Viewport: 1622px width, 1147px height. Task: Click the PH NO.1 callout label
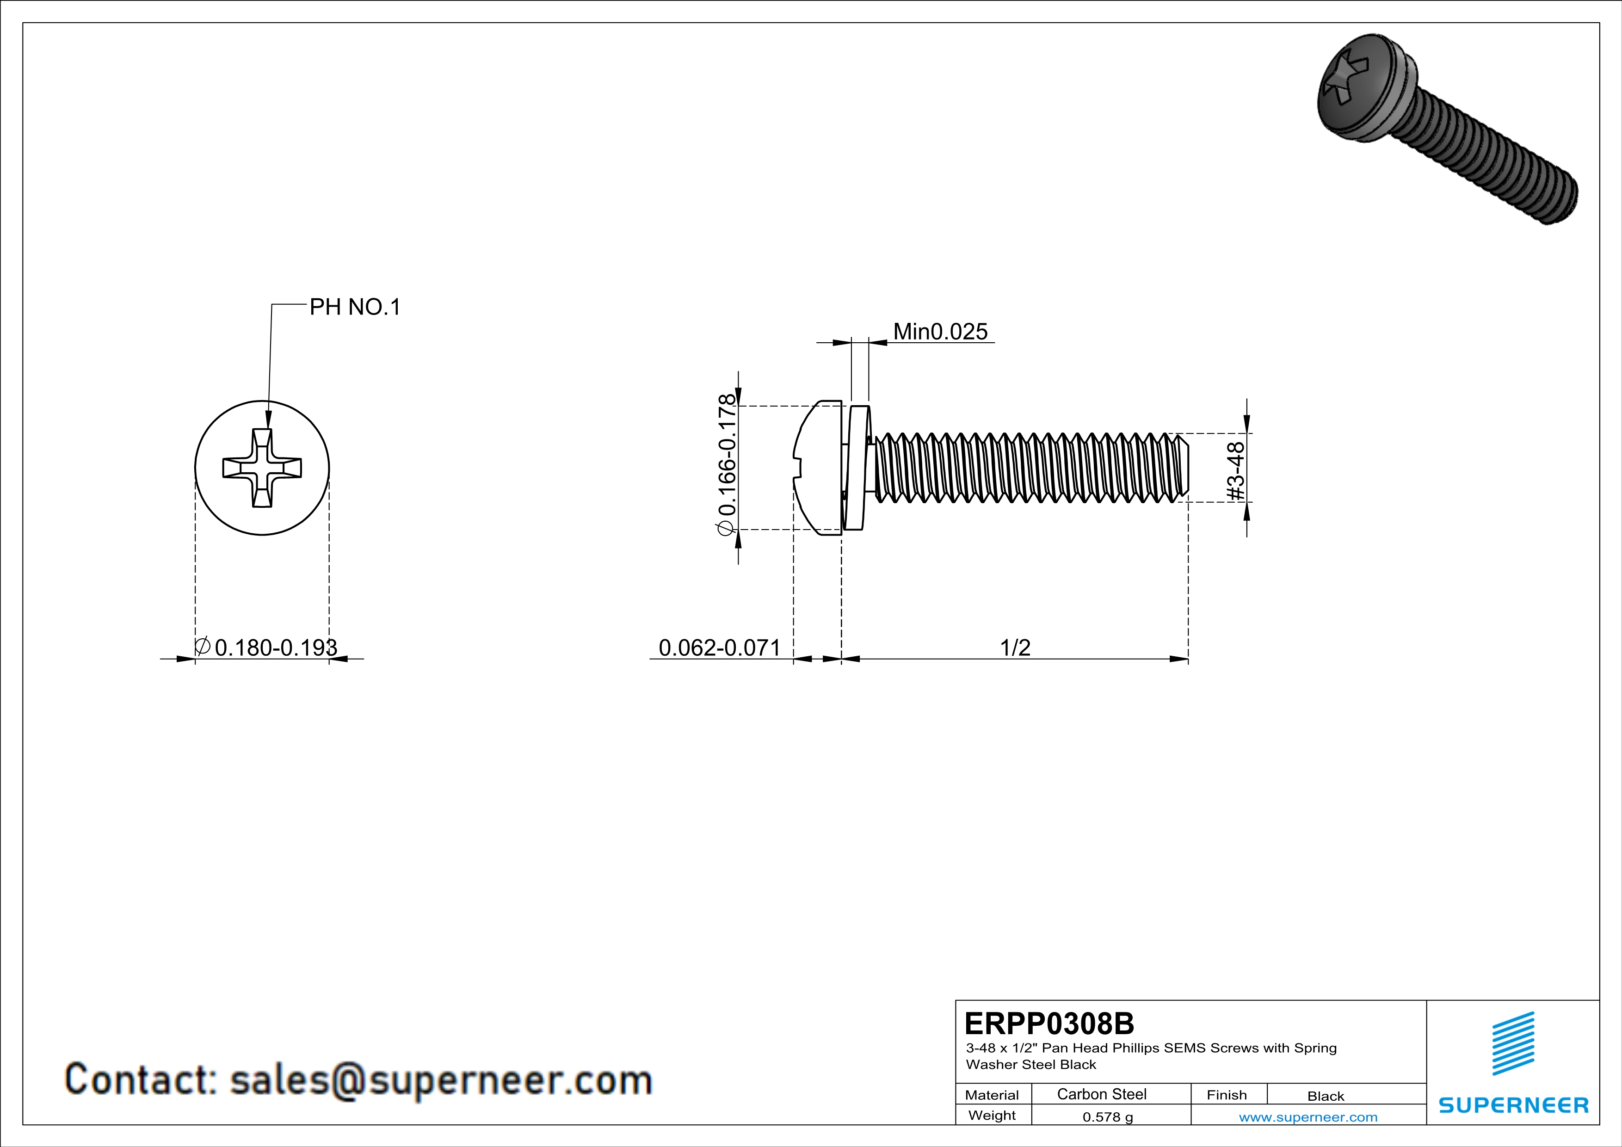coord(355,307)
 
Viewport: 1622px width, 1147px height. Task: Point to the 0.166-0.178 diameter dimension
coord(726,465)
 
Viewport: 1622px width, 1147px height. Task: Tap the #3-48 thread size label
coord(1235,471)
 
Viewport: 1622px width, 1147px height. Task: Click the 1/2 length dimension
coord(1015,647)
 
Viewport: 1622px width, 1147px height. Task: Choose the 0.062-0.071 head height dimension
coord(719,647)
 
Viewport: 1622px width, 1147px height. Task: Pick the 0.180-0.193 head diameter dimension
coord(266,647)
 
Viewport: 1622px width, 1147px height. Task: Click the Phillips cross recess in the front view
coord(262,468)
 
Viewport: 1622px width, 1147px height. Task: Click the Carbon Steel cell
coord(1101,1094)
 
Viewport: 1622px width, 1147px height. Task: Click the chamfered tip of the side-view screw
coord(1184,468)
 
